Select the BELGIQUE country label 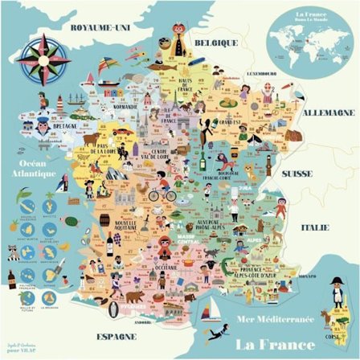point(219,43)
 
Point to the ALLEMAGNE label point(328,113)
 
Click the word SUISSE point(320,173)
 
